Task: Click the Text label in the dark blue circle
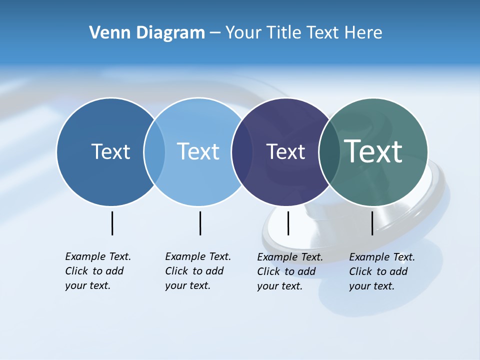pyautogui.click(x=110, y=151)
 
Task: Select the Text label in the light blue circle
pyautogui.click(x=198, y=151)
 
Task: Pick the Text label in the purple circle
pyautogui.click(x=285, y=151)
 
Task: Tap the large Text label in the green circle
pyautogui.click(x=373, y=151)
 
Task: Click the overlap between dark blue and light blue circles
pyautogui.click(x=154, y=152)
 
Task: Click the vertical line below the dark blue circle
pyautogui.click(x=112, y=223)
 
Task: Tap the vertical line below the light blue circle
pyautogui.click(x=200, y=223)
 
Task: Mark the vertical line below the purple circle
pyautogui.click(x=288, y=223)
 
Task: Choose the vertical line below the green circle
pyautogui.click(x=372, y=223)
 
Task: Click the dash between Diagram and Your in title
pyautogui.click(x=215, y=33)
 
